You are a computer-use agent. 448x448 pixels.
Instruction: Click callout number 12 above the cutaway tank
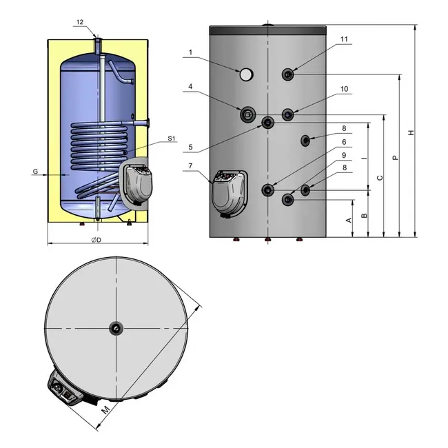80,22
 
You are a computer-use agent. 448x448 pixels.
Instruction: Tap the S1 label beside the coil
171,139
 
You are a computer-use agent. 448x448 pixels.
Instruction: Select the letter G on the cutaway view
35,171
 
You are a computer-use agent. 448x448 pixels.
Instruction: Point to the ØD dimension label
96,240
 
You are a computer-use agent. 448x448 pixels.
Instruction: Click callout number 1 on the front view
190,52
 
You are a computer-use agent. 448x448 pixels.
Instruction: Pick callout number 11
344,39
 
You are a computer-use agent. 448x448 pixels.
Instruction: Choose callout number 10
345,89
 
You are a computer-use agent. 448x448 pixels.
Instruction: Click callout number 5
190,147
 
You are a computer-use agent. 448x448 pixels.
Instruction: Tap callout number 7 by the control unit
190,165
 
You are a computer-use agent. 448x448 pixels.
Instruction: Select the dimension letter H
411,132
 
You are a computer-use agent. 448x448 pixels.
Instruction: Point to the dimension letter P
395,157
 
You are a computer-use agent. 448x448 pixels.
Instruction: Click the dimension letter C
380,178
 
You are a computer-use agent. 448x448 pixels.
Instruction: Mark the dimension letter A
349,220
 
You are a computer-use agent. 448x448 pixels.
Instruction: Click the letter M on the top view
105,410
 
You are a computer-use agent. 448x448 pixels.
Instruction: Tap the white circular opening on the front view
246,74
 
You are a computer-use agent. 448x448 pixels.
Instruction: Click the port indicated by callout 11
288,74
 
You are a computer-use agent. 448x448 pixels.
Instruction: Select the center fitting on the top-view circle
116,329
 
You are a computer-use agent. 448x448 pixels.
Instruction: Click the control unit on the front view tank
230,194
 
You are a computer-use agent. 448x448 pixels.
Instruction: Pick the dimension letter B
365,216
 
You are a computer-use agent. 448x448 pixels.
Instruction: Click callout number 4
190,87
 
